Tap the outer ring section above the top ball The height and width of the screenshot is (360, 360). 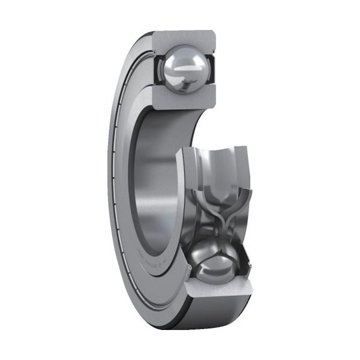click(183, 40)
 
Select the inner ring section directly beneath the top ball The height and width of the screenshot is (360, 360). click(180, 98)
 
